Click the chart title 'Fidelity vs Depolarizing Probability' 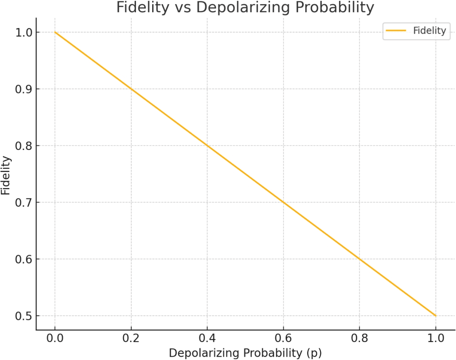pyautogui.click(x=245, y=7)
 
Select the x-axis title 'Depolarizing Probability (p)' pyautogui.click(x=245, y=352)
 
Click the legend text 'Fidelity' pyautogui.click(x=429, y=30)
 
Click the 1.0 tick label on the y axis pyautogui.click(x=23, y=32)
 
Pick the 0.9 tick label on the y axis pyautogui.click(x=23, y=89)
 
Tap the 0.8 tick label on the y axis pyautogui.click(x=23, y=146)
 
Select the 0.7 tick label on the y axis pyautogui.click(x=23, y=202)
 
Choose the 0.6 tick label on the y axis pyautogui.click(x=23, y=259)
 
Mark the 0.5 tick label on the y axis pyautogui.click(x=23, y=316)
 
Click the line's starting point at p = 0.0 pyautogui.click(x=55, y=32)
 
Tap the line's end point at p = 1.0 pyautogui.click(x=436, y=316)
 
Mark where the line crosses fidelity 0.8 pyautogui.click(x=207, y=146)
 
